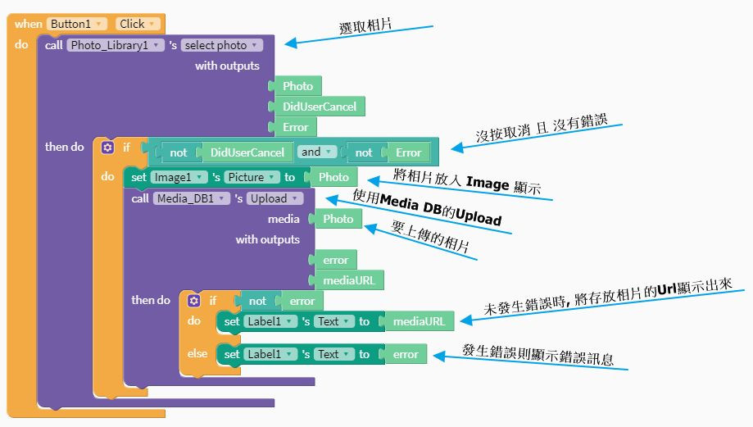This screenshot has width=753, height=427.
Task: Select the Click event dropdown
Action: click(137, 25)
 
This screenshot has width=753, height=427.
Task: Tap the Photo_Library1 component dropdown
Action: click(116, 45)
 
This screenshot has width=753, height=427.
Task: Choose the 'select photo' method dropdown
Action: click(220, 45)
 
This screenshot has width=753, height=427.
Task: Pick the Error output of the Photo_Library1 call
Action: click(295, 127)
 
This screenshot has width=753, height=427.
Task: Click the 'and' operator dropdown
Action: click(317, 152)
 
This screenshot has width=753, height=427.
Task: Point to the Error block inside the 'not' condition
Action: click(408, 152)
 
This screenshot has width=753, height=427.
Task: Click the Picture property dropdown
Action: click(250, 177)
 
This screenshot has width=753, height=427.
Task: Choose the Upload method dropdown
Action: click(274, 198)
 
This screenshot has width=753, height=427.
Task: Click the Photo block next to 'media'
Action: click(338, 219)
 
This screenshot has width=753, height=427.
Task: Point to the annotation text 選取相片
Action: click(365, 25)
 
